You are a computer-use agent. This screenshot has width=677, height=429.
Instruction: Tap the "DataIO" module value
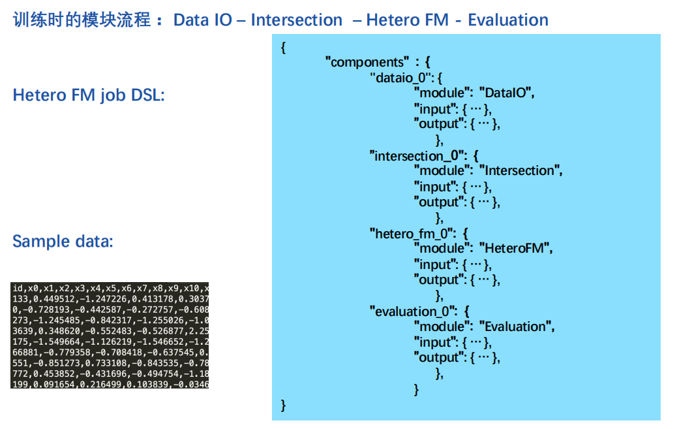click(506, 93)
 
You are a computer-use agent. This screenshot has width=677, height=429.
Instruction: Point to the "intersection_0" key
click(417, 156)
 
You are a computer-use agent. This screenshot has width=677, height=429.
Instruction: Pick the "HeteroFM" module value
click(515, 249)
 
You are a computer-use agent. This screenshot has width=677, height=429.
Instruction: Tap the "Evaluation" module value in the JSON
click(516, 326)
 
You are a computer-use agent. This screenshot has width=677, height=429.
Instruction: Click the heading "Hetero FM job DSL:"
click(89, 95)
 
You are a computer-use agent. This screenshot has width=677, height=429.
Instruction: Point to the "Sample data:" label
click(63, 242)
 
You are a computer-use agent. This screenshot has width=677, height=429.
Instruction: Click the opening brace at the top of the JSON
click(283, 48)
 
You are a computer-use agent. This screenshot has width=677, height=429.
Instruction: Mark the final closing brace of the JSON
click(283, 406)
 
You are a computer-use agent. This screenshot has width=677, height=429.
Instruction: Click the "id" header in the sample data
click(17, 288)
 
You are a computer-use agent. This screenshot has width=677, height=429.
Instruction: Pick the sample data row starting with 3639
click(110, 330)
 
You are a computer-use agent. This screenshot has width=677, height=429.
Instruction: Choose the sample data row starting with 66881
click(110, 352)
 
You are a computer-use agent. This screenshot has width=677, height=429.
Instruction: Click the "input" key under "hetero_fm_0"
click(435, 264)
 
